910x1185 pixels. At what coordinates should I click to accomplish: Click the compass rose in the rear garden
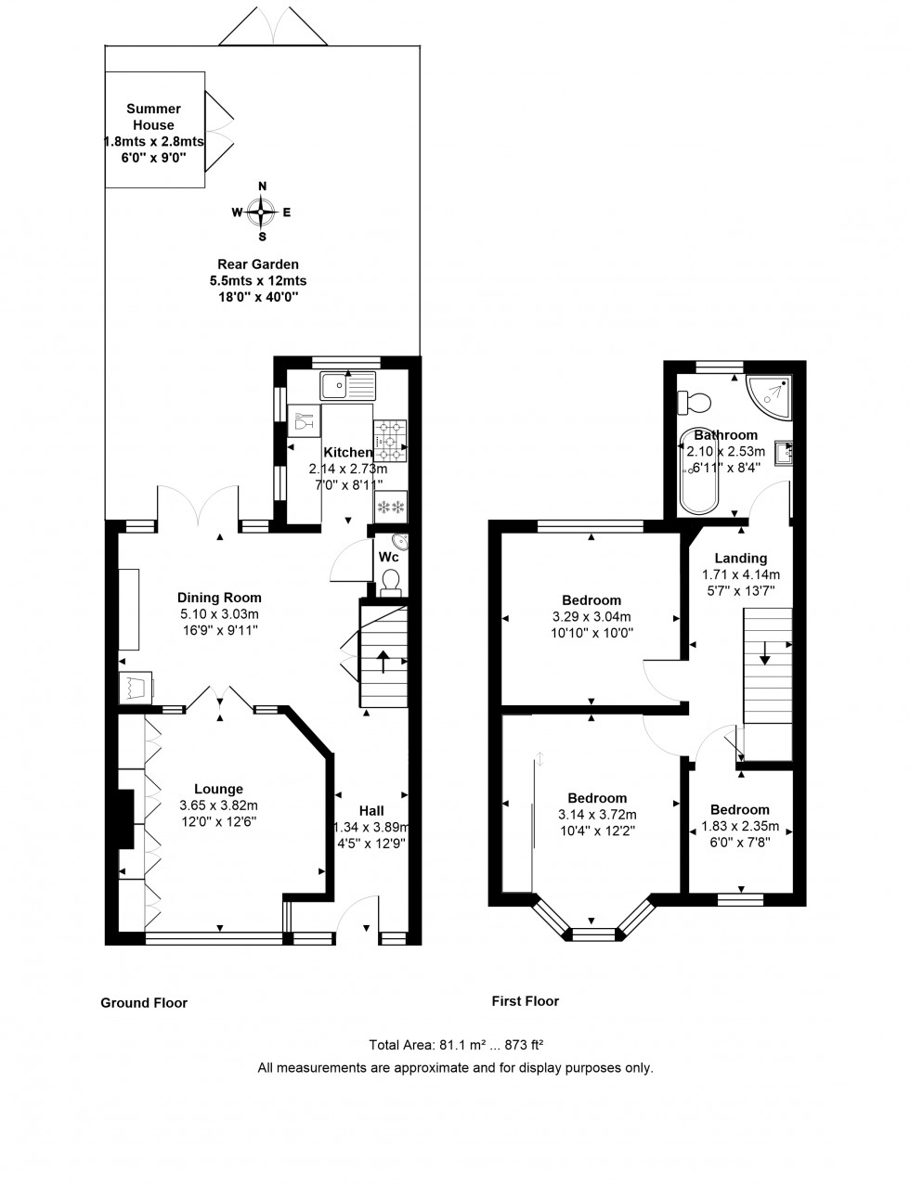(x=262, y=213)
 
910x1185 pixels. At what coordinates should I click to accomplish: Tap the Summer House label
(x=153, y=117)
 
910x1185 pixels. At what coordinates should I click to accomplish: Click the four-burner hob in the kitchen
(x=390, y=440)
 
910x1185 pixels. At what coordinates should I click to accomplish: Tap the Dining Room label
(x=219, y=598)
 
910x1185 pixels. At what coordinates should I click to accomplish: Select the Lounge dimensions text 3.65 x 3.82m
(x=218, y=805)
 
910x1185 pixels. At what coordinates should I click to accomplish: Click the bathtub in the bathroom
(x=698, y=472)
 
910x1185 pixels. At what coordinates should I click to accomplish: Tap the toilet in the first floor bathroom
(x=695, y=402)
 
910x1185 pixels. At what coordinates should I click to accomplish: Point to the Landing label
(x=740, y=558)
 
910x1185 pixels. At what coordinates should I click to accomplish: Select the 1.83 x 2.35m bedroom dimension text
(x=740, y=826)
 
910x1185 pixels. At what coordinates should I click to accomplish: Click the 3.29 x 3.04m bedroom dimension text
(x=591, y=617)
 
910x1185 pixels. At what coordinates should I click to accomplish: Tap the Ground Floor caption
(x=144, y=1003)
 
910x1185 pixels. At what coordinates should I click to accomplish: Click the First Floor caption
(x=526, y=1001)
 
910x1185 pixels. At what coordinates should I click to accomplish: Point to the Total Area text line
(x=455, y=1044)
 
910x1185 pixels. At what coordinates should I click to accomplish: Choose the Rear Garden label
(x=258, y=264)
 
